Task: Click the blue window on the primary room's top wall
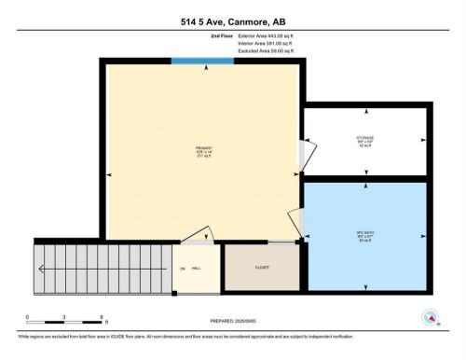pyautogui.click(x=202, y=62)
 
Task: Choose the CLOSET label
pyautogui.click(x=262, y=268)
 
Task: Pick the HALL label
pyautogui.click(x=197, y=268)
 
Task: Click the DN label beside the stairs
pyautogui.click(x=183, y=268)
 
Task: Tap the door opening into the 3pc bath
pyautogui.click(x=296, y=221)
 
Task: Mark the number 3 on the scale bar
pyautogui.click(x=64, y=317)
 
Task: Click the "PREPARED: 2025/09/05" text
pyautogui.click(x=232, y=322)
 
